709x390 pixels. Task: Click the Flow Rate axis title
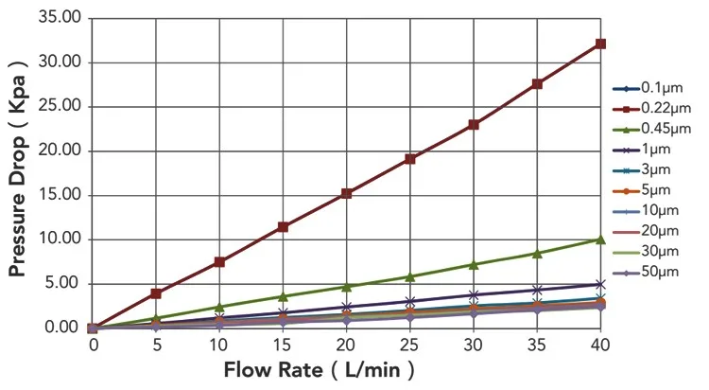click(319, 369)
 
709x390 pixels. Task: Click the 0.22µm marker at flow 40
click(600, 44)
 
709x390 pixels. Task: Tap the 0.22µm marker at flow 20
click(347, 193)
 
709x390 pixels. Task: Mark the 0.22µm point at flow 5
click(156, 293)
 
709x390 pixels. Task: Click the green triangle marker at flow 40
click(600, 239)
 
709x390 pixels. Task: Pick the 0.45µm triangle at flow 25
click(410, 276)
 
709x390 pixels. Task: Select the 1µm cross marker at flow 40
click(600, 284)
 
